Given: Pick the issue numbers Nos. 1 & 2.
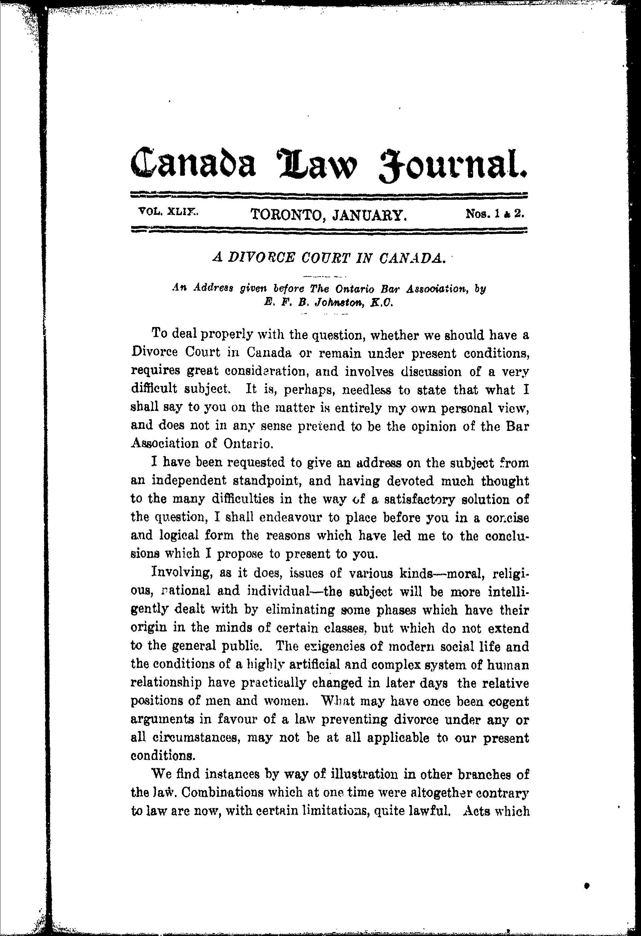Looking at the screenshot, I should point(495,213).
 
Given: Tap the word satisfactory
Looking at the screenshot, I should point(419,499).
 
